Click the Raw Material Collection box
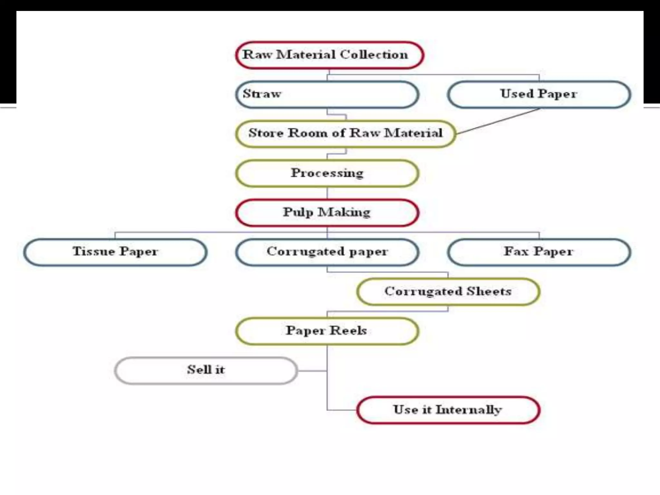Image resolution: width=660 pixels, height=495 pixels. pos(329,55)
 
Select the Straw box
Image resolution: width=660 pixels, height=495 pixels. pos(327,94)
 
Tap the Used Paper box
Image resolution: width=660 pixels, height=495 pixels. pos(539,94)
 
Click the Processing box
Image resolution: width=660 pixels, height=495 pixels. pos(327,173)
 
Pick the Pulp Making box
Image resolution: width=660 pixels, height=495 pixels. pos(327,213)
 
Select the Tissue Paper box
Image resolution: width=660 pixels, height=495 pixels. pos(115,252)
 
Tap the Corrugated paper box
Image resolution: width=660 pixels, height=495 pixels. pos(327,252)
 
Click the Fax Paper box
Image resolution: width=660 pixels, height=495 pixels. pos(539,252)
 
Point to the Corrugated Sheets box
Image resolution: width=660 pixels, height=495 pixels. pos(448,292)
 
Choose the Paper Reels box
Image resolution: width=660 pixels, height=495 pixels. pos(327,331)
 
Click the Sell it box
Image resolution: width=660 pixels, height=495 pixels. pos(206,370)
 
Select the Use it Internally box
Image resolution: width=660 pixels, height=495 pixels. pos(448,410)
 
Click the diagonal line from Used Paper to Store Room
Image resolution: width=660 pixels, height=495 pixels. pos(498,121)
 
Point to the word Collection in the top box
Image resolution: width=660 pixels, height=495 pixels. pos(374,55)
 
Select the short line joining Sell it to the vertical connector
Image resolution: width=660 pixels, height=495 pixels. pos(312,371)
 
